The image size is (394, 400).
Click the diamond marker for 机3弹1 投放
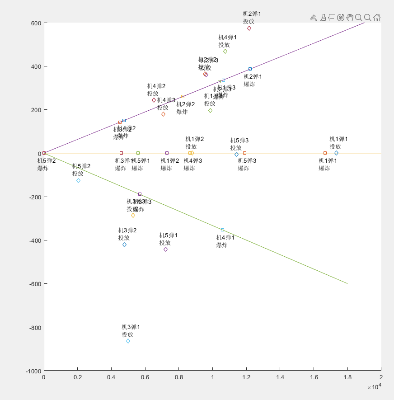point(128,341)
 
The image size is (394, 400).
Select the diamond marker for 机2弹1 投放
point(249,28)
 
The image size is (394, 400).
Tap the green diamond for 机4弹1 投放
point(225,52)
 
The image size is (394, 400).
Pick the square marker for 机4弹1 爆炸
point(222,230)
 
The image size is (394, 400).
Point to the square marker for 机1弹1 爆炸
point(325,153)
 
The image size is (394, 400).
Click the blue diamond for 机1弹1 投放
point(336,153)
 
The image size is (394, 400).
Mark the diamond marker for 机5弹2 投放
point(78,180)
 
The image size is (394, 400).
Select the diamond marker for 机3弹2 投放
point(124,245)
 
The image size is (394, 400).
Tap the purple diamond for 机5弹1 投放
point(165,249)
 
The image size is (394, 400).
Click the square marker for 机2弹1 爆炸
point(250,69)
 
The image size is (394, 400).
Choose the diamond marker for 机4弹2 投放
point(154,100)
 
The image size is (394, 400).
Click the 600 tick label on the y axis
point(37,24)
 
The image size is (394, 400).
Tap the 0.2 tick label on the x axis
point(77,377)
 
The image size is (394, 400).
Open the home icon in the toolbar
point(377,18)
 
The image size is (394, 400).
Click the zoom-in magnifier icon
point(359,18)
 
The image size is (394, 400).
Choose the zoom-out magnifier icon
point(368,18)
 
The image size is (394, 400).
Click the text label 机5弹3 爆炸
point(247,164)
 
